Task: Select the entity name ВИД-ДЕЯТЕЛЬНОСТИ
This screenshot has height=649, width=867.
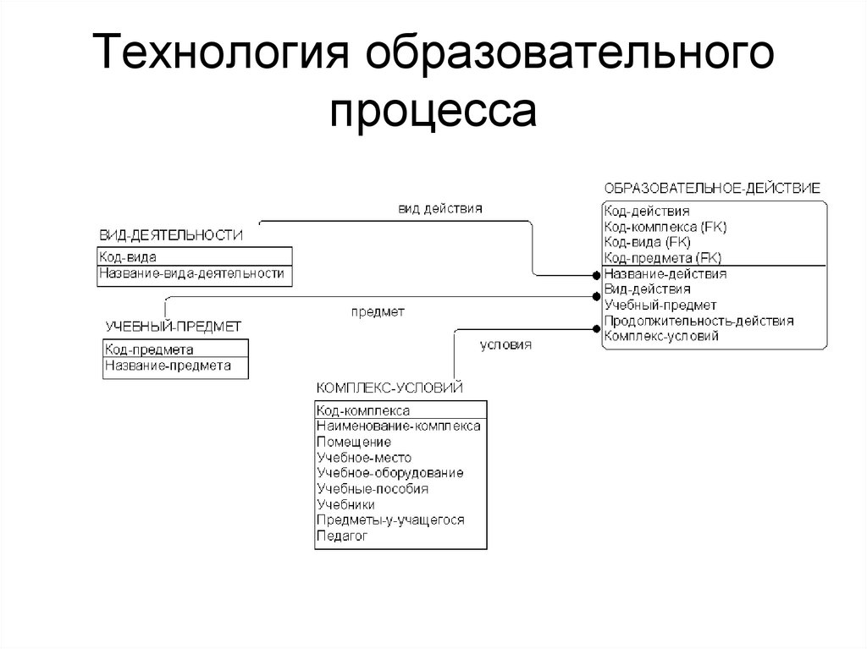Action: pos(171,235)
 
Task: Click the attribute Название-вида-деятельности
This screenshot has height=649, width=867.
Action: pos(191,273)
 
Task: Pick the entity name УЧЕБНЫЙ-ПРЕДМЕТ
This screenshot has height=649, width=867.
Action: pos(174,327)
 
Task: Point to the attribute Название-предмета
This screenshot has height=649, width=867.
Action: pos(168,366)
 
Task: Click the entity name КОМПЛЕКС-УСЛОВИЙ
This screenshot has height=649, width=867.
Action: pos(389,388)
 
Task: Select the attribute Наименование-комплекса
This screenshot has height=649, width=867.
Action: pos(398,426)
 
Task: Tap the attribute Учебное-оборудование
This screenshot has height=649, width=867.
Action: pos(389,473)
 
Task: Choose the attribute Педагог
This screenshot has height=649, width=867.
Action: pos(342,536)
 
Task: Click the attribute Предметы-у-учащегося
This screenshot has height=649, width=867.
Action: pos(390,520)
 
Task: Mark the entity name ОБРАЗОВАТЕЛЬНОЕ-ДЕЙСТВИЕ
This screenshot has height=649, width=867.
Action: pos(712,188)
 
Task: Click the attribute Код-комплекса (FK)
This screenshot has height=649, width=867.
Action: pos(665,227)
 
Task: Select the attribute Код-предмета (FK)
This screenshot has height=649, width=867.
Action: pos(662,258)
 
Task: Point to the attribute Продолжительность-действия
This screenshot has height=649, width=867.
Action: pos(699,321)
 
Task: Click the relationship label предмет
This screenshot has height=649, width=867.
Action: pos(378,311)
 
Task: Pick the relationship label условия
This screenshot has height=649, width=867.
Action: pos(505,344)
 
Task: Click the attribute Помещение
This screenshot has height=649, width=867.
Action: pos(353,442)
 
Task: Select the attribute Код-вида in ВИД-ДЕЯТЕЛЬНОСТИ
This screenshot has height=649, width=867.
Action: pos(128,256)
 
